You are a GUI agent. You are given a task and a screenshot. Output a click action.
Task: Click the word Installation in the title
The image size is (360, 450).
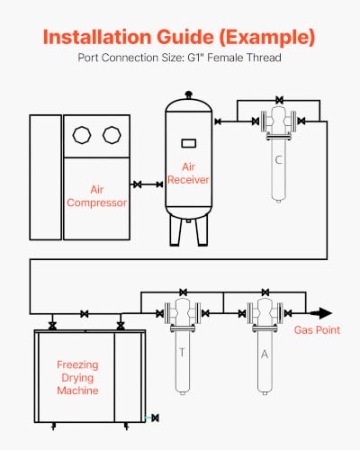tap(97, 37)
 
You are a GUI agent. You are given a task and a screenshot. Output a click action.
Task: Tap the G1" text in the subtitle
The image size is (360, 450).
tap(196, 58)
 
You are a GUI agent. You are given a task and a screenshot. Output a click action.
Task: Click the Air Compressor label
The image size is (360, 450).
tap(96, 196)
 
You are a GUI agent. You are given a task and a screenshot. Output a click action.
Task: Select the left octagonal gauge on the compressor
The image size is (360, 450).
tap(82, 135)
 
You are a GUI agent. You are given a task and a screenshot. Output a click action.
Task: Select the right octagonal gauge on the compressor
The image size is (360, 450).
tap(112, 135)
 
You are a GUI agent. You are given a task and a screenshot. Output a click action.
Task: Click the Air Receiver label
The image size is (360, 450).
tap(188, 173)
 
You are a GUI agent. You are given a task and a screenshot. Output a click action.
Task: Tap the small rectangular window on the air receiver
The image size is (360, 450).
tap(189, 143)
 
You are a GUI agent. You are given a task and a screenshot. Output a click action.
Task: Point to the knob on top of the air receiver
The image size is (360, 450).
tap(188, 94)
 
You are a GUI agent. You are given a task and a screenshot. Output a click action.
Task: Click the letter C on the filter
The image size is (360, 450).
tap(278, 160)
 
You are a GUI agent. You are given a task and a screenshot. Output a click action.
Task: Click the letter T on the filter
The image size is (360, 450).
tap(182, 352)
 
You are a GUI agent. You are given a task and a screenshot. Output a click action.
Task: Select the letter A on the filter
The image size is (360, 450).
tap(265, 355)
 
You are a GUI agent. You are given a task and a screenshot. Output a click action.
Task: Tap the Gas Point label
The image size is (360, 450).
tap(317, 330)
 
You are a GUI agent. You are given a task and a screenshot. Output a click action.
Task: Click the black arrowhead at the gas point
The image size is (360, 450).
tap(322, 313)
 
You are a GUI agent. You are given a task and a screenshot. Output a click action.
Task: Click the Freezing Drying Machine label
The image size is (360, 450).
tap(77, 378)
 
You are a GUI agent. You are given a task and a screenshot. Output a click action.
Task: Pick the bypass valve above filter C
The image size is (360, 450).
tap(279, 100)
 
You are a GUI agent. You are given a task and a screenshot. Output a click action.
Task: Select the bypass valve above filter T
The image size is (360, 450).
tap(184, 292)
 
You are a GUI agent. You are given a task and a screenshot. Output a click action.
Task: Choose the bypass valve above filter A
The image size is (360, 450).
tap(265, 292)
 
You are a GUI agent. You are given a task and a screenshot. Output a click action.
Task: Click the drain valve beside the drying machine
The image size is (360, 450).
tap(155, 418)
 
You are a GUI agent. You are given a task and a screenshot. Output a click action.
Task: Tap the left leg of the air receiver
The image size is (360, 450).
tap(175, 230)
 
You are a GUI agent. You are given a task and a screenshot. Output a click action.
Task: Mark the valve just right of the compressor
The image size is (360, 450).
tap(138, 184)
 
